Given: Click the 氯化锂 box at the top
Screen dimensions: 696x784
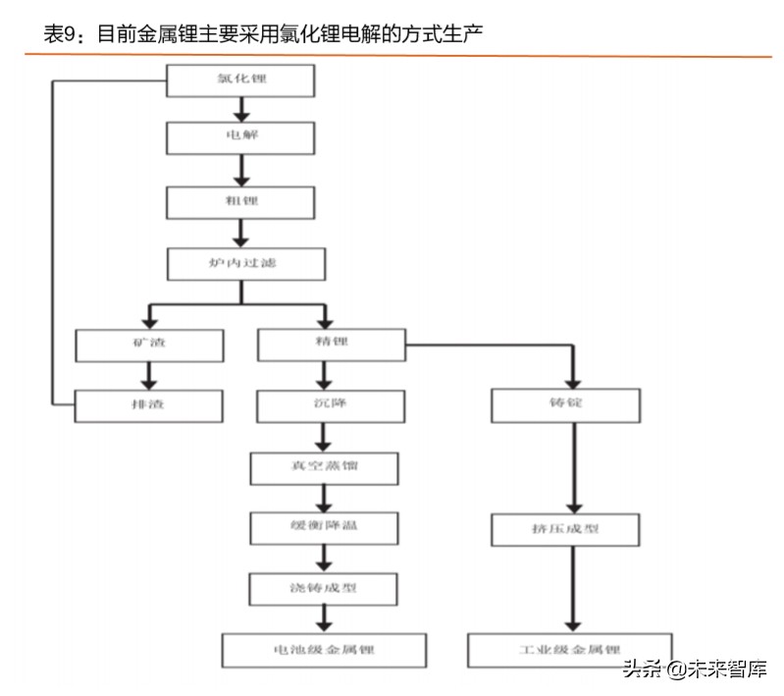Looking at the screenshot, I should pos(240,80).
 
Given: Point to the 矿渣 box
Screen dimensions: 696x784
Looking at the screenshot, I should pos(149,344).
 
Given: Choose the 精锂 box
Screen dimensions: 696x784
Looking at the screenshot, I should pos(331,344).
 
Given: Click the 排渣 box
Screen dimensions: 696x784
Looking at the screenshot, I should pos(149,403).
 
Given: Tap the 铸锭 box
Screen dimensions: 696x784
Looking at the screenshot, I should pos(566,403).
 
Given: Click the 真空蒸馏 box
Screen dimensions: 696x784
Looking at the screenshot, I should pos(324,467).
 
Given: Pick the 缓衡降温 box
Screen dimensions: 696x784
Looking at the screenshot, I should pos(324,527).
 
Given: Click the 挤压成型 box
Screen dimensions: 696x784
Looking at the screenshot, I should pos(566,530).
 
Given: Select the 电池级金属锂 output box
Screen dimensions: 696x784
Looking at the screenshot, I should pos(324,650).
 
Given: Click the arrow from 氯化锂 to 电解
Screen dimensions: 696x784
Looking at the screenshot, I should pos(240,109).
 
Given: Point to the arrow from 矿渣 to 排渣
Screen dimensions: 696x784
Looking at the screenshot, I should pos(149,374).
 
